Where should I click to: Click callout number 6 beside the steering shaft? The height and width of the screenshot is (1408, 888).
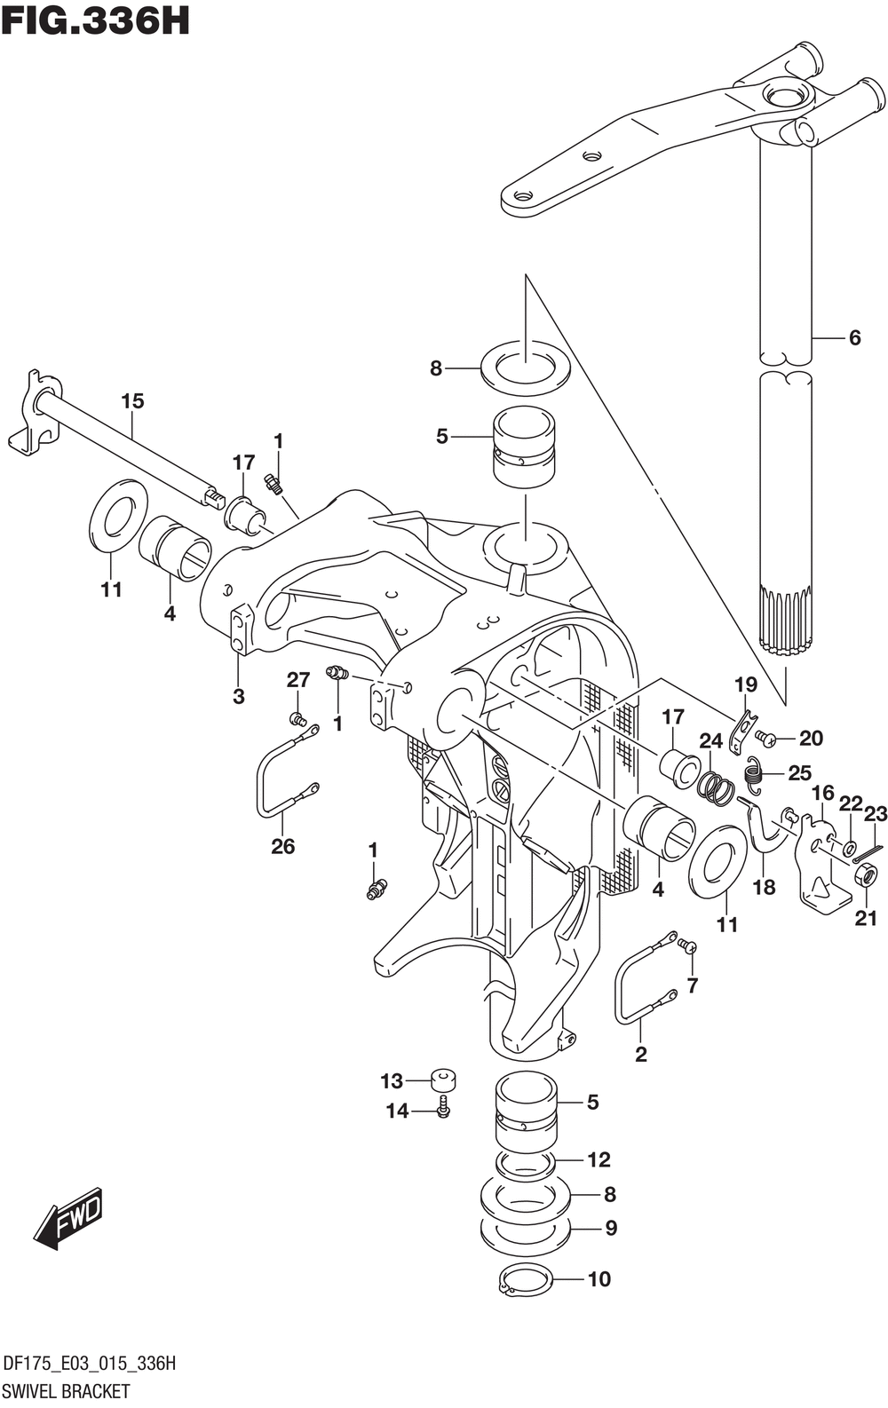click(x=854, y=337)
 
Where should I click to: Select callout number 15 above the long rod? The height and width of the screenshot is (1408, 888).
click(x=132, y=401)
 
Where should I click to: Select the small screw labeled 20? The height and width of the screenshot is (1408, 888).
click(x=765, y=738)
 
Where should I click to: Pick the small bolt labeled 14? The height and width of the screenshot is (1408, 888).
click(x=443, y=1108)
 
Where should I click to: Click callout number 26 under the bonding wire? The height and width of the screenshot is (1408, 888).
click(x=282, y=846)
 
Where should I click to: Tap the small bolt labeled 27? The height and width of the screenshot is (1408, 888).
click(x=297, y=716)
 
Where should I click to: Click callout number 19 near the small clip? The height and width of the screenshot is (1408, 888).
click(x=745, y=684)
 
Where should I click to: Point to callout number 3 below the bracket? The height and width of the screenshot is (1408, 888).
click(x=238, y=697)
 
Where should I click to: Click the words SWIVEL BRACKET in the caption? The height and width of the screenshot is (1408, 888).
click(x=67, y=1391)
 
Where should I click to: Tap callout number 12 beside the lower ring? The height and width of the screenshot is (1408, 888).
click(x=599, y=1159)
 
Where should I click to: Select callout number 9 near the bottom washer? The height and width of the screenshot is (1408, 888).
click(x=610, y=1229)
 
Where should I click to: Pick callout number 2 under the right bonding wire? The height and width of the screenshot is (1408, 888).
click(x=640, y=1055)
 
